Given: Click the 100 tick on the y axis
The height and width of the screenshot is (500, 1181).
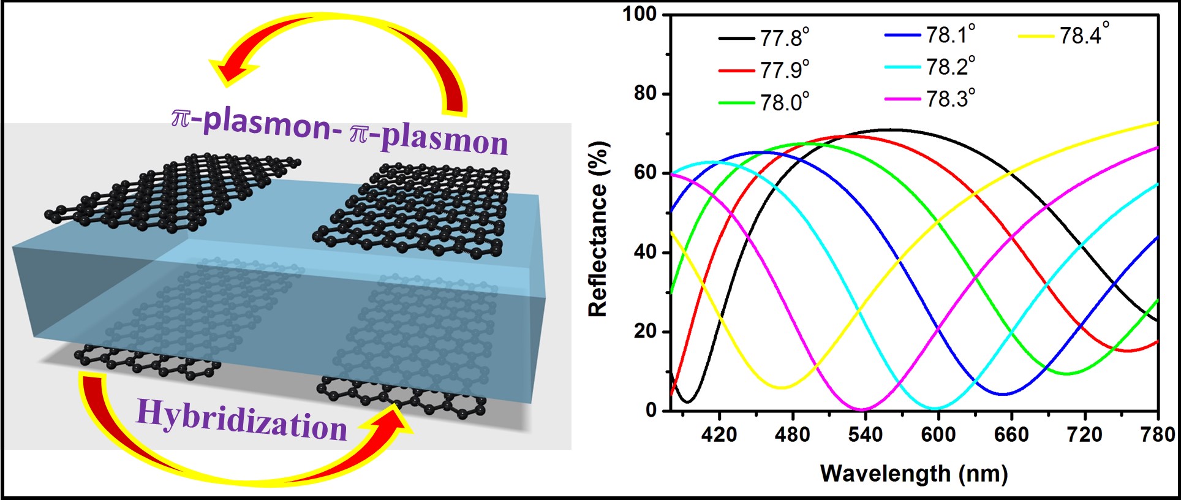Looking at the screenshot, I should [640, 13].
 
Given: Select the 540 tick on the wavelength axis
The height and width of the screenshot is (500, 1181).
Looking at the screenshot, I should [865, 434].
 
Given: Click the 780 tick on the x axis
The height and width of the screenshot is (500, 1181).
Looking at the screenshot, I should [1157, 434].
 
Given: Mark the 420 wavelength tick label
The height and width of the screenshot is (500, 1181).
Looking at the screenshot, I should [719, 434].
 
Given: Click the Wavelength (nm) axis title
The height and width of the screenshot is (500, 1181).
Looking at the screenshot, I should [913, 473].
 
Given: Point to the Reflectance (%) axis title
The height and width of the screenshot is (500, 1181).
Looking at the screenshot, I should [597, 229].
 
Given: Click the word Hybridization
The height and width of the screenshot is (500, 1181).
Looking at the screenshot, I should [241, 420].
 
